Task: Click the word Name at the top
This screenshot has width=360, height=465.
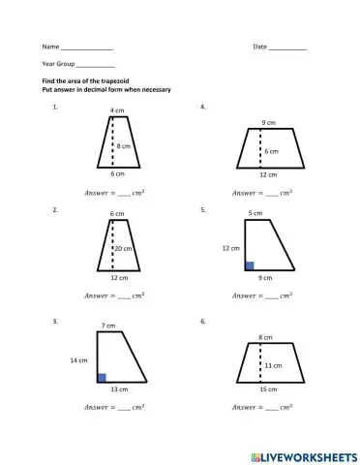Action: (x=49, y=46)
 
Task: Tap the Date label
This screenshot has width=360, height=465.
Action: (x=259, y=46)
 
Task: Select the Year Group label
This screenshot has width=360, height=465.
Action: (x=58, y=63)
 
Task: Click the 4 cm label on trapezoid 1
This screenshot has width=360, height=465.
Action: (x=116, y=110)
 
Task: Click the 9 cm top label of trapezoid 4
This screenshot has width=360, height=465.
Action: (x=266, y=122)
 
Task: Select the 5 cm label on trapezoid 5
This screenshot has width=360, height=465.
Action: (x=255, y=212)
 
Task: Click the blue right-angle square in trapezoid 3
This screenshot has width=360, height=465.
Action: (x=102, y=378)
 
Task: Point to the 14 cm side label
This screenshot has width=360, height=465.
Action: (x=80, y=359)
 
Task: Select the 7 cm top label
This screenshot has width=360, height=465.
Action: (x=107, y=325)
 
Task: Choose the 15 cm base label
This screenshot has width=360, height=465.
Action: (x=266, y=389)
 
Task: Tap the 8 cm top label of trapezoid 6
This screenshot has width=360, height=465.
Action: (x=264, y=337)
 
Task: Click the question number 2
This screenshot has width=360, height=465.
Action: (x=56, y=209)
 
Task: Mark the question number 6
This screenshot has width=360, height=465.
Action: (x=202, y=320)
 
